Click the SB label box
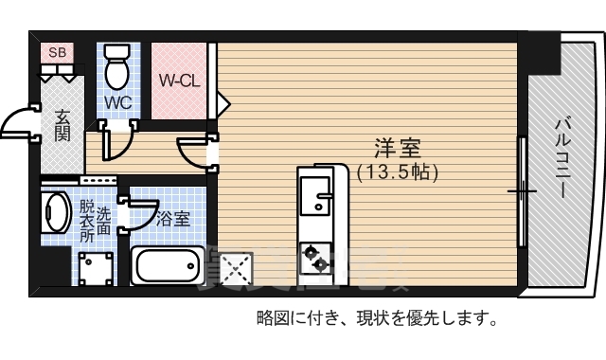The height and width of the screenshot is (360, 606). [x=58, y=53]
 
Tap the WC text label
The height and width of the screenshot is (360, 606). [x=117, y=101]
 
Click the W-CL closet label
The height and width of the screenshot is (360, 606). [x=178, y=81]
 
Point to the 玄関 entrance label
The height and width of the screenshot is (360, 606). [x=62, y=125]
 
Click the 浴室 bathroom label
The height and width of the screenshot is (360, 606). [x=172, y=219]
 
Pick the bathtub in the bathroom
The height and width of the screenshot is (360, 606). [x=169, y=264]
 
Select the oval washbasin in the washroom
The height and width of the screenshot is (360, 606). [x=55, y=215]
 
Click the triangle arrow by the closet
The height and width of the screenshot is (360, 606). [x=223, y=99]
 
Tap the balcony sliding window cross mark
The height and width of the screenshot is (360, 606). [x=522, y=192]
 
